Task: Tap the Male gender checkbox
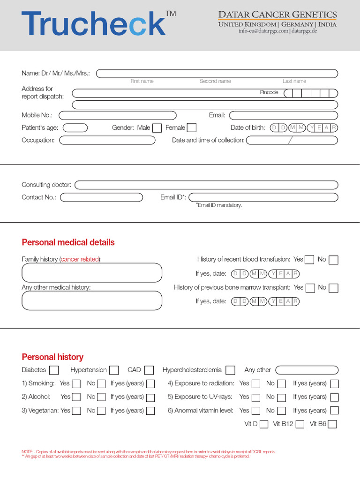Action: pyautogui.click(x=157, y=127)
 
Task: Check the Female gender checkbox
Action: pyautogui.click(x=191, y=127)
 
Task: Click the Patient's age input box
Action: pyautogui.click(x=75, y=127)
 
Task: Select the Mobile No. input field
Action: pyautogui.click(x=118, y=115)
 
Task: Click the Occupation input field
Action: pyautogui.click(x=107, y=140)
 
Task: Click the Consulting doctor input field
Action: pyautogui.click(x=206, y=185)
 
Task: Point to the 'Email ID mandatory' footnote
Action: pyautogui.click(x=219, y=205)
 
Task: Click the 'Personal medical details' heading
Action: pyautogui.click(x=68, y=242)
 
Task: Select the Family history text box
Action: pyautogui.click(x=92, y=272)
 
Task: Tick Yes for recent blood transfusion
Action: pyautogui.click(x=309, y=260)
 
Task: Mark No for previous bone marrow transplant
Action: pyautogui.click(x=333, y=288)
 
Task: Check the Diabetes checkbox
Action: pyautogui.click(x=54, y=370)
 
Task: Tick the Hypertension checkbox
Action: pyautogui.click(x=114, y=370)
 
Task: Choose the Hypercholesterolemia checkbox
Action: pyautogui.click(x=230, y=370)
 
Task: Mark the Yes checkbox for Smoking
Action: pyautogui.click(x=76, y=384)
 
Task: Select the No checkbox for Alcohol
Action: pyautogui.click(x=102, y=397)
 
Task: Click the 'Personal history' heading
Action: pyautogui.click(x=52, y=357)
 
